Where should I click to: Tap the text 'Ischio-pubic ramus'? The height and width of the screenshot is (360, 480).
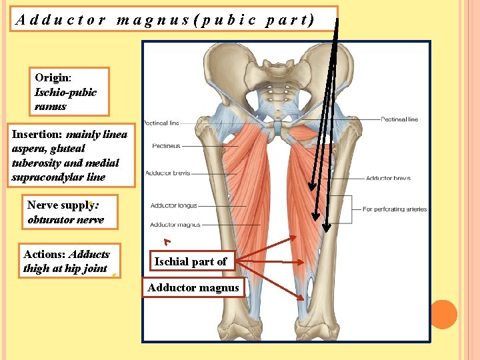(x=65, y=99)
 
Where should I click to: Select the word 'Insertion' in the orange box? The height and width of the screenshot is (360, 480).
(x=37, y=135)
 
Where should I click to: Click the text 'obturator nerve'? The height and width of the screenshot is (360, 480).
(x=65, y=220)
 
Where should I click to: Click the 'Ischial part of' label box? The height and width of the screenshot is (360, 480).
(x=191, y=262)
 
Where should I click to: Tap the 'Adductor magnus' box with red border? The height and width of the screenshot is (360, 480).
(x=193, y=288)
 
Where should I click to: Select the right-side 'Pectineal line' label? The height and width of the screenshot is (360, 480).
(x=399, y=120)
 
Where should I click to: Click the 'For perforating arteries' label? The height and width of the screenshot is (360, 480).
(x=395, y=209)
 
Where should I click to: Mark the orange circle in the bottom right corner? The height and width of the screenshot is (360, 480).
(x=443, y=315)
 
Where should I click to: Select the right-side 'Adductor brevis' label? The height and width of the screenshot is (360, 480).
(x=388, y=179)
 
